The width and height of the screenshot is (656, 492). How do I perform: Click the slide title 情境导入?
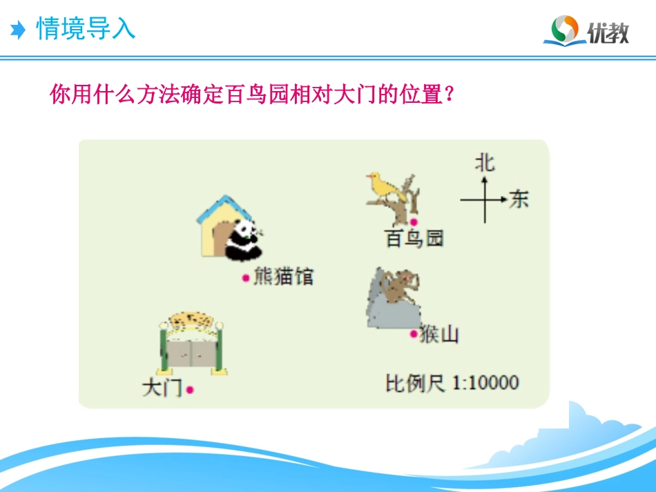coord(86,29)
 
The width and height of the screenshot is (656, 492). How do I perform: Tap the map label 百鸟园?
coord(414,239)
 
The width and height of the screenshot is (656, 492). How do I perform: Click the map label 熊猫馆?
coord(283,277)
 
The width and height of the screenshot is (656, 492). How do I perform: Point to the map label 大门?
coord(162,388)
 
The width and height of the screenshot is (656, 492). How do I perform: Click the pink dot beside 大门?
coord(190,389)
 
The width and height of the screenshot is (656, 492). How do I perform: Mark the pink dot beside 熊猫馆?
coord(245,277)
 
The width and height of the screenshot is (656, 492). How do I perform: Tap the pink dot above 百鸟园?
coord(414,222)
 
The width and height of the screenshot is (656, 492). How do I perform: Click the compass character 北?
coord(485,163)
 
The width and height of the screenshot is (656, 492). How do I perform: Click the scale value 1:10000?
coord(485,382)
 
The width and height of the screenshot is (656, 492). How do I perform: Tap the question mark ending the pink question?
coord(449,95)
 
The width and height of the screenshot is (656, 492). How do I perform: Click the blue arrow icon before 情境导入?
coord(19,30)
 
